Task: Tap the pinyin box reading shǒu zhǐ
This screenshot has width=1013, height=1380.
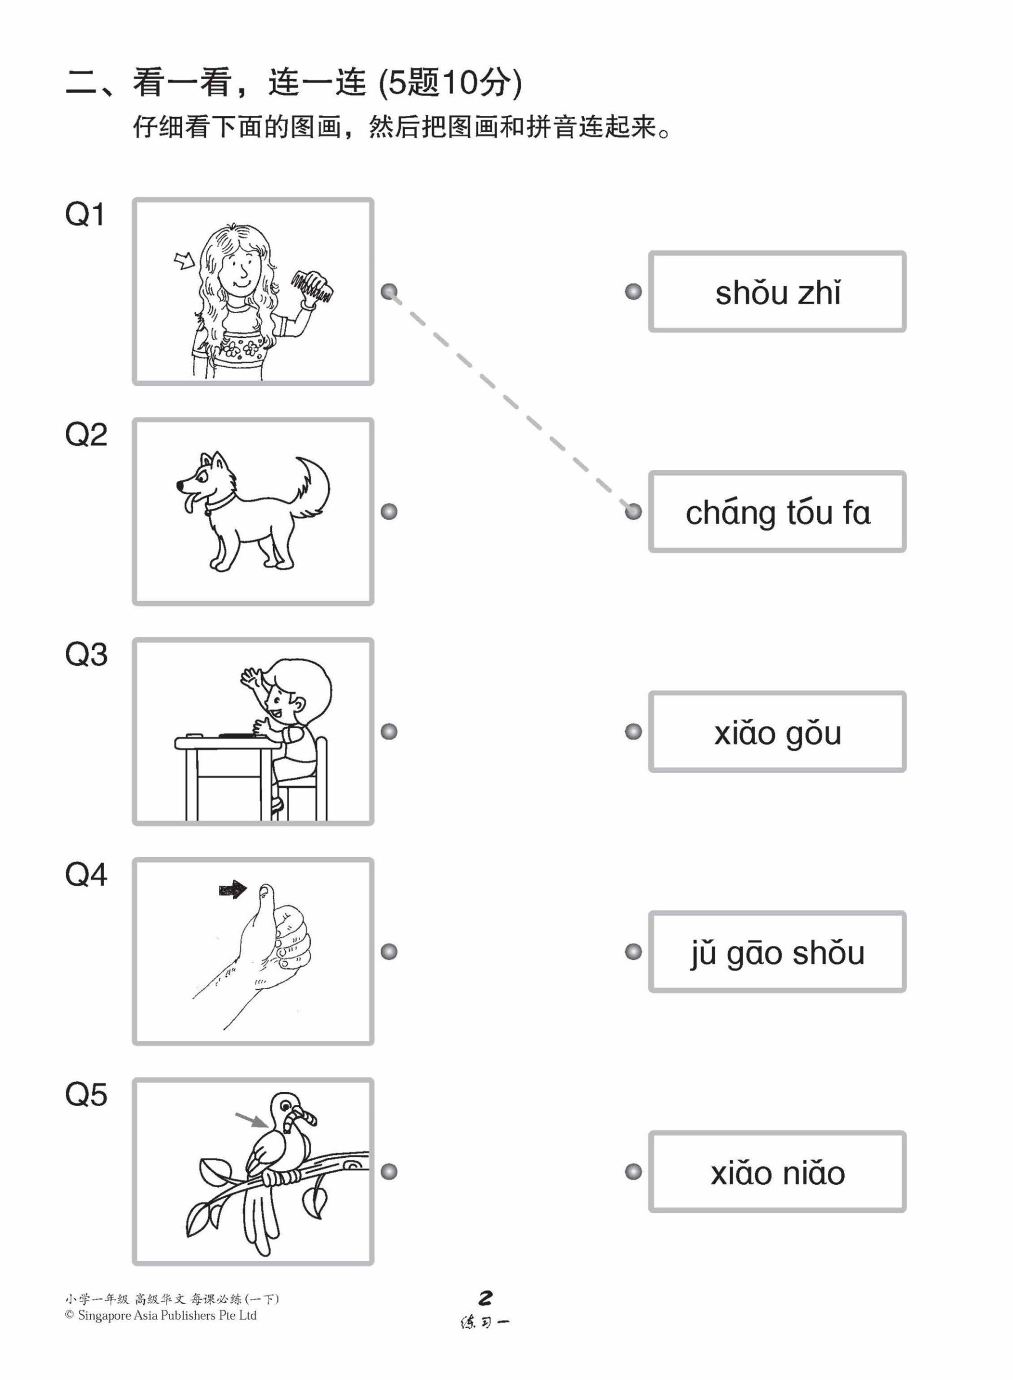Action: (777, 292)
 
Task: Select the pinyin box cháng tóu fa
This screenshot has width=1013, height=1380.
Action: (777, 512)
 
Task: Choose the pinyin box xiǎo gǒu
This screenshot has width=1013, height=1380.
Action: (777, 732)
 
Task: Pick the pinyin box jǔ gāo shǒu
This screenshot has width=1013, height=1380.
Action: (777, 951)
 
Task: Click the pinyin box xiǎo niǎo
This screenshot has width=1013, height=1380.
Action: (777, 1172)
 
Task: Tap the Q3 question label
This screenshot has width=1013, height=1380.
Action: (86, 655)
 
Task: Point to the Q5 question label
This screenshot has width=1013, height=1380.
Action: (86, 1094)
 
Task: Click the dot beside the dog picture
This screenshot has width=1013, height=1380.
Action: (389, 512)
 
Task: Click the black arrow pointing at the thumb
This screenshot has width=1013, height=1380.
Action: (232, 890)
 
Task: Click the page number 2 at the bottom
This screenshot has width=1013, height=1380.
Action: (485, 1298)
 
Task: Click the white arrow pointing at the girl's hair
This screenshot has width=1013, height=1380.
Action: (183, 262)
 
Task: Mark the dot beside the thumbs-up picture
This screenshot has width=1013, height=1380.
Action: (389, 951)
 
